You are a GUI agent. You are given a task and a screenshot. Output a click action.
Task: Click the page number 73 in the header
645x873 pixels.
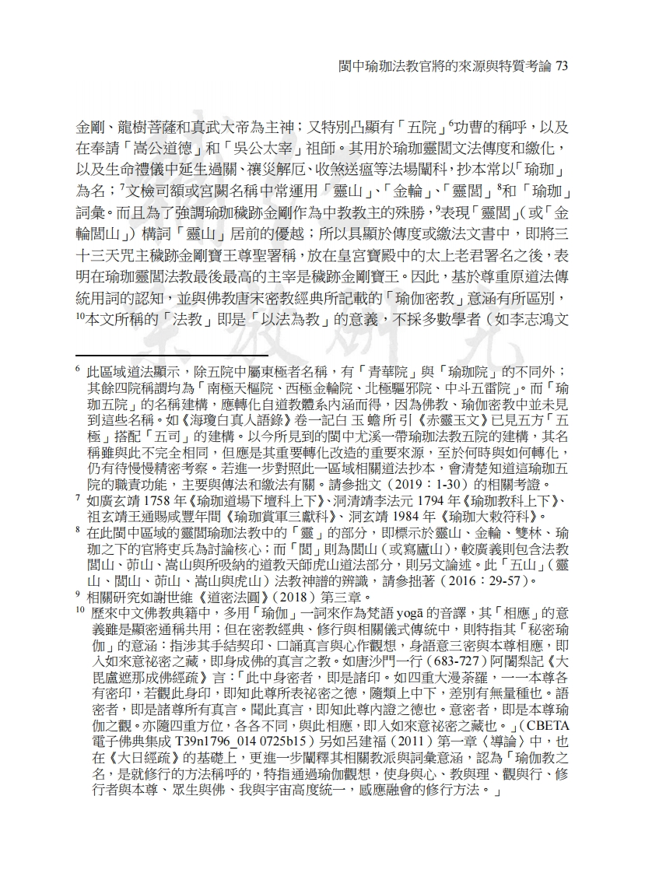(560, 67)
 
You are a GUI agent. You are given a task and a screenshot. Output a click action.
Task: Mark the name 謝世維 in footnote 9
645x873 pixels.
(165, 596)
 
